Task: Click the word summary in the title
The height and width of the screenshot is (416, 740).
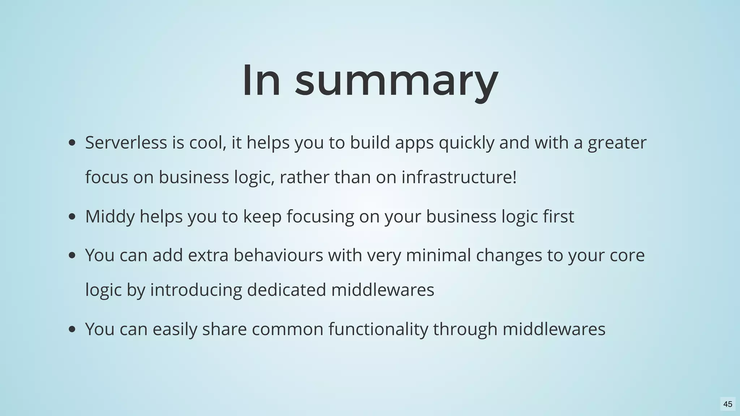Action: [x=396, y=81]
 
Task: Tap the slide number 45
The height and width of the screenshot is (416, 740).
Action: [x=728, y=404]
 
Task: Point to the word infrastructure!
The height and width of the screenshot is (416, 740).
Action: [x=459, y=177]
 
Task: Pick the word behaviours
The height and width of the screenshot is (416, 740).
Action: [x=278, y=255]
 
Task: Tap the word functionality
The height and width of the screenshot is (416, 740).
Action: [x=378, y=329]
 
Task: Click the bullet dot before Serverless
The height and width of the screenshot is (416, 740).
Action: [x=72, y=143]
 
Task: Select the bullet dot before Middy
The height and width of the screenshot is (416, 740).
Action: [x=72, y=217]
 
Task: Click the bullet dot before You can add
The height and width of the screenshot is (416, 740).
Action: [x=72, y=256]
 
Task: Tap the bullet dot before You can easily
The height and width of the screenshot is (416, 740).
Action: [x=72, y=329]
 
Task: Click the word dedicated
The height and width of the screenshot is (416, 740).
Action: [x=286, y=290]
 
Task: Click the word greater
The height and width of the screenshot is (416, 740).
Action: [x=617, y=143]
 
